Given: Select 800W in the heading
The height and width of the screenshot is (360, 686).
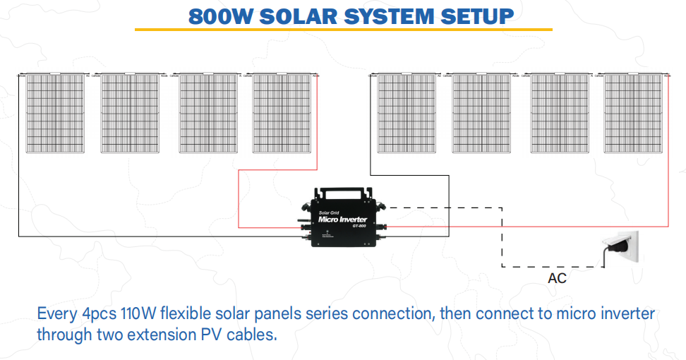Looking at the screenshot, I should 219,16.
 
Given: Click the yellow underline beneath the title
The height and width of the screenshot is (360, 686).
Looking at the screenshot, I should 343,30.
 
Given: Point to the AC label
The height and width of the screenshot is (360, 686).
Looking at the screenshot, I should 557,278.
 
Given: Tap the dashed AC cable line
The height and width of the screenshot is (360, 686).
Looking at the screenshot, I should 502,240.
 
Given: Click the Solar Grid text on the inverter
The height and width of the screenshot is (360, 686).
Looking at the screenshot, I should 330,211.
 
